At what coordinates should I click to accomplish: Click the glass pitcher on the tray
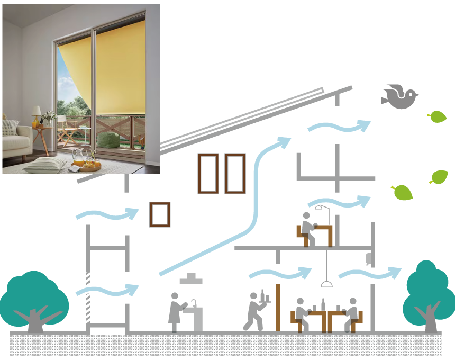tap(78, 156)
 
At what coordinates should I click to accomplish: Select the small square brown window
tap(160, 214)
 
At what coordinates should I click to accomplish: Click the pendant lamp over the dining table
tap(327, 284)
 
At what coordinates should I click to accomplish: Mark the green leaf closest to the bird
tap(438, 116)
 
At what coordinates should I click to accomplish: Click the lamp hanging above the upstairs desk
tap(319, 208)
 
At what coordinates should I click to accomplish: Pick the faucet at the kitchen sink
tap(194, 302)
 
